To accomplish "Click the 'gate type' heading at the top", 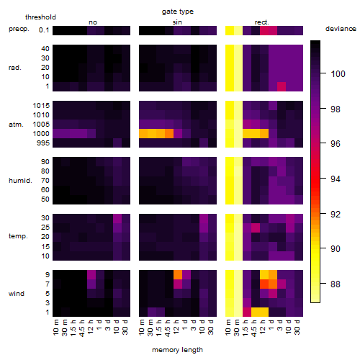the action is pyautogui.click(x=178, y=12).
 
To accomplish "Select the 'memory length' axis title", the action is pyautogui.click(x=177, y=350).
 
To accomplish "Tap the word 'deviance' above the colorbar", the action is pyautogui.click(x=341, y=29).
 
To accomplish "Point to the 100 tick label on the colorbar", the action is pyautogui.click(x=338, y=73).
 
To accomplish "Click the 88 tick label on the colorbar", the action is pyautogui.click(x=336, y=284).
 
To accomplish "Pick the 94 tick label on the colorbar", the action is pyautogui.click(x=336, y=179).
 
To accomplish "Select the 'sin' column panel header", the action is pyautogui.click(x=177, y=22).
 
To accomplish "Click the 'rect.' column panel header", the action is pyautogui.click(x=261, y=22).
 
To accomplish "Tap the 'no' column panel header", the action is pyautogui.click(x=93, y=22).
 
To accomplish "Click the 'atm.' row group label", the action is pyautogui.click(x=16, y=125).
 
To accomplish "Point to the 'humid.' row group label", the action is pyautogui.click(x=20, y=180).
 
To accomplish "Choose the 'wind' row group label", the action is pyautogui.click(x=17, y=294).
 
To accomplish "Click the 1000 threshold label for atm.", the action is pyautogui.click(x=41, y=134).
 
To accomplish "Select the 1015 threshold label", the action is pyautogui.click(x=41, y=106).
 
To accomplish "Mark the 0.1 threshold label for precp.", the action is pyautogui.click(x=44, y=30).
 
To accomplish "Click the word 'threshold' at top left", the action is pyautogui.click(x=40, y=17).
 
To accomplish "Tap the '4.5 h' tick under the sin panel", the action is pyautogui.click(x=168, y=328).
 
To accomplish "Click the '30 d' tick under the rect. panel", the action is pyautogui.click(x=297, y=328).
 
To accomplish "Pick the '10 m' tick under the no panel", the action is pyautogui.click(x=55, y=328).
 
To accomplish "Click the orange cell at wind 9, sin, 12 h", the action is pyautogui.click(x=178, y=274).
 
